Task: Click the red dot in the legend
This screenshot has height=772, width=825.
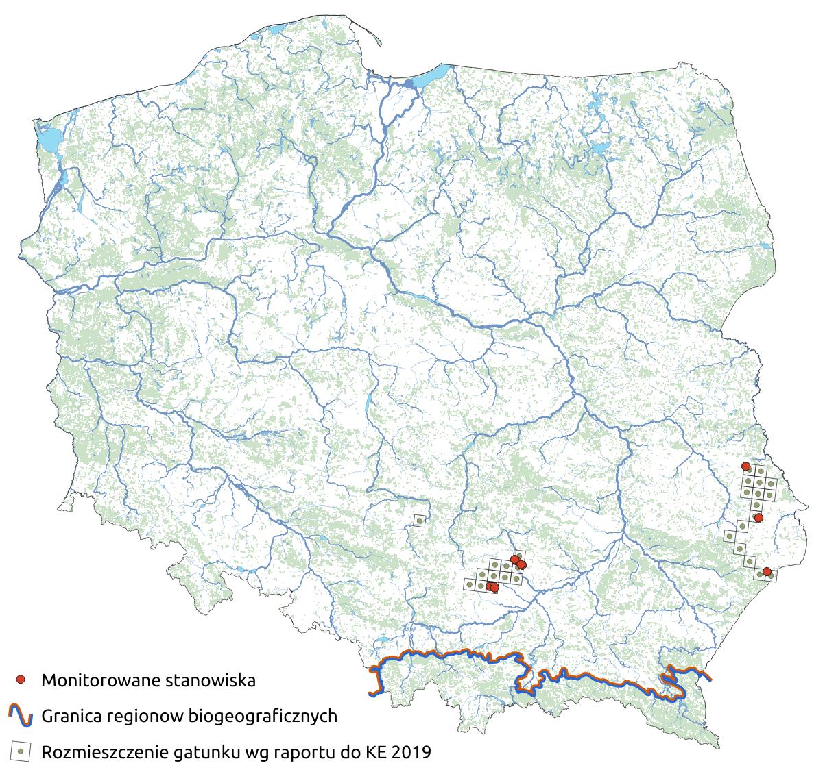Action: pos(21,680)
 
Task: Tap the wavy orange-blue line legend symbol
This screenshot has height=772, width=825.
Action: pos(21,716)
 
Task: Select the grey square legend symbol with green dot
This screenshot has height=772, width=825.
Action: pos(21,752)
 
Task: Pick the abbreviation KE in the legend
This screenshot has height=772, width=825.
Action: pos(377,753)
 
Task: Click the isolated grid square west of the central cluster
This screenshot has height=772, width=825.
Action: pos(418,522)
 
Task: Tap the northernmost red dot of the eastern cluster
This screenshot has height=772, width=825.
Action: pos(746,466)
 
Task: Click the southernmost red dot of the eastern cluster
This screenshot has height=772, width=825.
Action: pos(767,571)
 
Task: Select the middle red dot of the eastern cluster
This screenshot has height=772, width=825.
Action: pos(758,517)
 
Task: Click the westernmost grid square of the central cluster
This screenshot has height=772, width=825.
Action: pos(469,584)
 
